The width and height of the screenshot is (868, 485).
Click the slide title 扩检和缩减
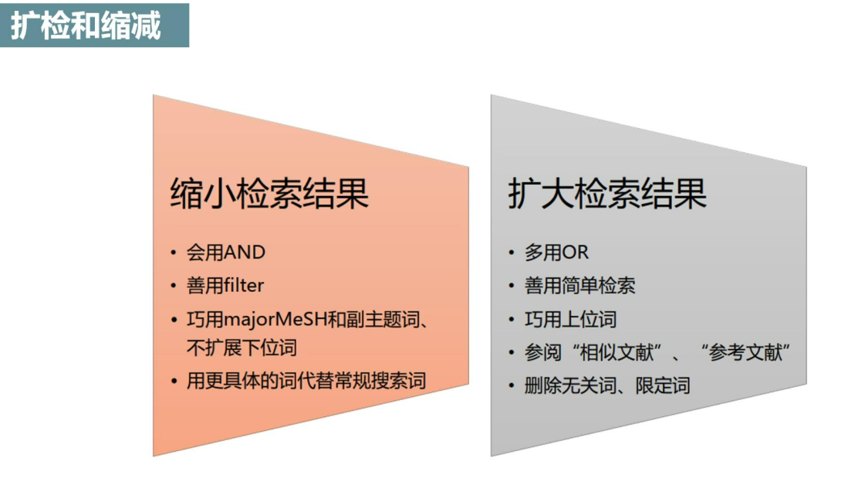(x=86, y=25)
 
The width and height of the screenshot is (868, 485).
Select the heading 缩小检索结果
(x=269, y=193)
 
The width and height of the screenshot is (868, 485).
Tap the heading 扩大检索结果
(x=607, y=193)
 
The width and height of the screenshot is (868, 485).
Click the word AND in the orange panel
(x=244, y=253)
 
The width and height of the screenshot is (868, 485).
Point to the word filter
(x=244, y=286)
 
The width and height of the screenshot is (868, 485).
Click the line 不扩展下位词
(x=241, y=347)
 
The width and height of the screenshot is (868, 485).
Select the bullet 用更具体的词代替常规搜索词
(x=306, y=381)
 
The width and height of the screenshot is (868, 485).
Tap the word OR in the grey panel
(x=575, y=253)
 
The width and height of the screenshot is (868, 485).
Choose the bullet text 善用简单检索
(x=580, y=286)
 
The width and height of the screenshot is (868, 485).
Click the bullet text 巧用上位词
(x=571, y=320)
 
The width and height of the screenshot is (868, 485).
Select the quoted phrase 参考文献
(x=746, y=353)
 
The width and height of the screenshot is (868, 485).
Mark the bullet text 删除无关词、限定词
(x=607, y=386)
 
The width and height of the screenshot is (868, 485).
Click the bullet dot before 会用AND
(x=174, y=253)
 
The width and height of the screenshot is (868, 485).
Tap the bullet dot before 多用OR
(x=512, y=253)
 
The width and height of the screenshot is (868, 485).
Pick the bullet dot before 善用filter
(x=174, y=287)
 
